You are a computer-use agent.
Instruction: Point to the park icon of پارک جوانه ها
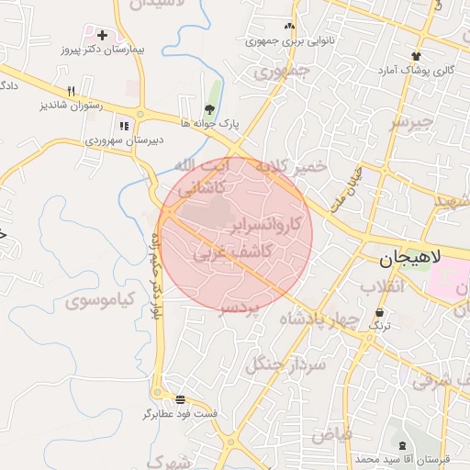coord(210,109)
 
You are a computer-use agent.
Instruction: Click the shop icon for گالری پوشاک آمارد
coord(417,57)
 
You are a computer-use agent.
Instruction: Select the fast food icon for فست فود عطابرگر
coord(180,400)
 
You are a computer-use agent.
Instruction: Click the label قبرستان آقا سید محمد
coord(405,457)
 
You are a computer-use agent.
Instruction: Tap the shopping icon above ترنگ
coord(379,312)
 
